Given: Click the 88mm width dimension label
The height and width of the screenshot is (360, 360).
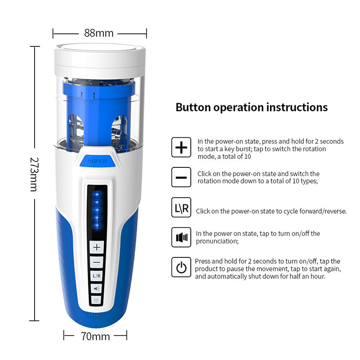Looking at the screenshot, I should tap(99, 33).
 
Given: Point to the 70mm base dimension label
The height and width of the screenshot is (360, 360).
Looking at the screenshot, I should tap(95, 336).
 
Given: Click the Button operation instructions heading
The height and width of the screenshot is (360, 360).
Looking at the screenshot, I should tap(252, 107).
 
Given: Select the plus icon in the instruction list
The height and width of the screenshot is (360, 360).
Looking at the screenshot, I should tap(181, 148).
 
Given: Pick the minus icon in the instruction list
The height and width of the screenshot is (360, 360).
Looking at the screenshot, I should tap(181, 177).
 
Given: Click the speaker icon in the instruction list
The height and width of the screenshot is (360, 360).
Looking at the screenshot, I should tap(181, 237).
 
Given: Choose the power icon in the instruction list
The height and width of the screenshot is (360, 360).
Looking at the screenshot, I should tap(181, 267).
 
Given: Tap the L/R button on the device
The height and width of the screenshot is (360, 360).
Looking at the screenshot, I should tap(97, 275).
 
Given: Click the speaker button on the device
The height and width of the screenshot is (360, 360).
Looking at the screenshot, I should tap(97, 288).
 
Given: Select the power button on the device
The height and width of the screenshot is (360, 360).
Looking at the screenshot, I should tap(97, 300).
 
